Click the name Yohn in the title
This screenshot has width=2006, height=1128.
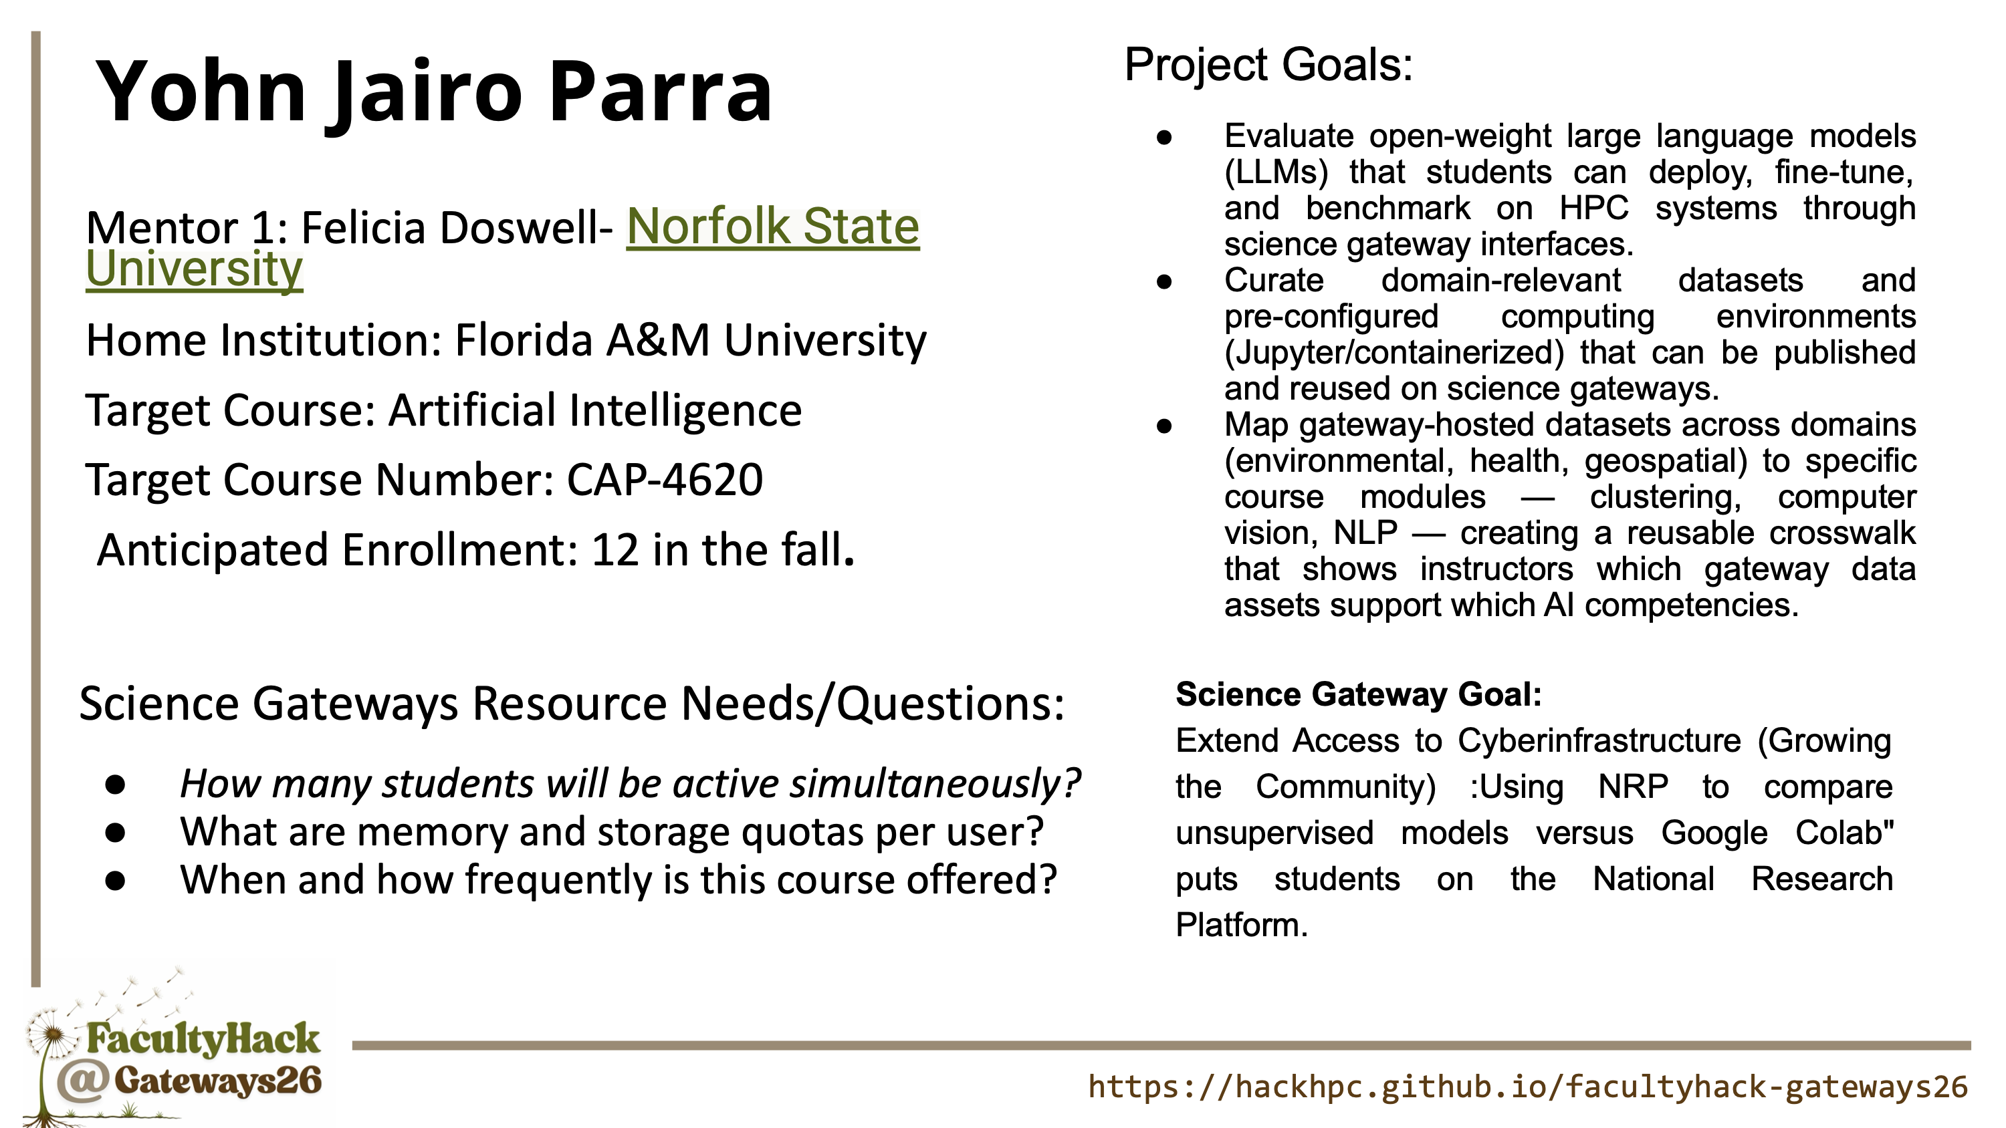click(x=201, y=91)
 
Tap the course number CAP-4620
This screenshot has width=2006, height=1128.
click(x=664, y=480)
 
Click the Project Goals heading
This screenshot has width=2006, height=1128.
click(x=1268, y=65)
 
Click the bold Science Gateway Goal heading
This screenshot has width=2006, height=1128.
click(x=1359, y=694)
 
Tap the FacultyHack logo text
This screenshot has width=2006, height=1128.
click(x=203, y=1039)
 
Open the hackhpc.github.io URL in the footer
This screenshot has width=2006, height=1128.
click(x=1528, y=1087)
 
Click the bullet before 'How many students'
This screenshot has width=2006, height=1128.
click(x=115, y=785)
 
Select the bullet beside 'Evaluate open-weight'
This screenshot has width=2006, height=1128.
click(x=1164, y=138)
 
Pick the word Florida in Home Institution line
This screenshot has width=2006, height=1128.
click(x=524, y=340)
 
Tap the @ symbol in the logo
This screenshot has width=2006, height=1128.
click(x=82, y=1083)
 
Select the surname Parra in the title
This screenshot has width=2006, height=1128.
click(x=661, y=91)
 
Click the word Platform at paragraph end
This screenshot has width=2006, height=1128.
click(x=1241, y=926)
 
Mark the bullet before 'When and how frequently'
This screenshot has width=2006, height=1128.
click(x=115, y=881)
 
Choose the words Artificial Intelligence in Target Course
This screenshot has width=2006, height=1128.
click(x=595, y=410)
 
